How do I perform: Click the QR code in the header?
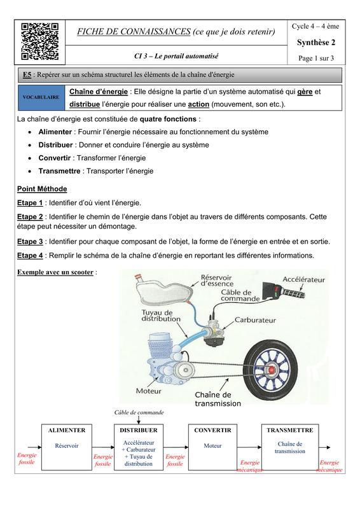(40, 41)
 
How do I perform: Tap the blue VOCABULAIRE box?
(41, 97)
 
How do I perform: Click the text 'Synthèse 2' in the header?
(316, 43)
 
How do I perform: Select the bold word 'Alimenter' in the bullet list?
(55, 132)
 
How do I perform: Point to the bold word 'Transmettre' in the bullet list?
(59, 171)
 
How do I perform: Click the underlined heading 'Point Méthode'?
(42, 189)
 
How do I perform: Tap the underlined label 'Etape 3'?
(30, 242)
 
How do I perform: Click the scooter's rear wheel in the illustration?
(270, 370)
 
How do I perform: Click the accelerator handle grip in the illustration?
(284, 290)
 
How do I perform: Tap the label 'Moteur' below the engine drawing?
(148, 391)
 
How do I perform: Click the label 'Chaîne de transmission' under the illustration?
(218, 400)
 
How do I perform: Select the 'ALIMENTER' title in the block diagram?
(67, 431)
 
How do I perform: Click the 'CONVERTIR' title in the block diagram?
(212, 431)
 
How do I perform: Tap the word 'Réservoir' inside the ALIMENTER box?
(67, 446)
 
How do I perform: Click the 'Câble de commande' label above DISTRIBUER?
(139, 412)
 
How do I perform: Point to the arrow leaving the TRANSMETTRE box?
(324, 447)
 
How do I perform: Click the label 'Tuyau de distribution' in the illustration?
(161, 316)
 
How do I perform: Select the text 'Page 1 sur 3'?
(316, 59)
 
